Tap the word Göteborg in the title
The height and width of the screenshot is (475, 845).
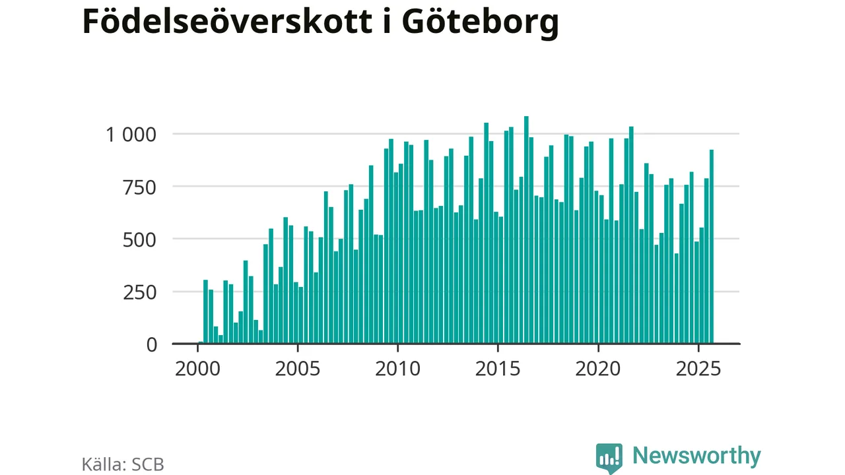click(x=480, y=22)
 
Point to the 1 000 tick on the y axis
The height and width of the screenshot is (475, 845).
click(x=131, y=135)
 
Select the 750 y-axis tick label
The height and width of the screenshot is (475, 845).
click(x=141, y=187)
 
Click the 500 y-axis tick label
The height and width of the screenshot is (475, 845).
click(x=141, y=239)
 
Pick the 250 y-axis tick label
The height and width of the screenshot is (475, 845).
click(x=141, y=292)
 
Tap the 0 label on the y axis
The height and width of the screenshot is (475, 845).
click(x=151, y=344)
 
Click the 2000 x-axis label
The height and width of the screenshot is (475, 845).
click(x=197, y=368)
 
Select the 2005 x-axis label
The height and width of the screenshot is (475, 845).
click(x=298, y=368)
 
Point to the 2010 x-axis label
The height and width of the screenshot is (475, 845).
click(x=397, y=368)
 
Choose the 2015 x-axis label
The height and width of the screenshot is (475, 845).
click(x=498, y=368)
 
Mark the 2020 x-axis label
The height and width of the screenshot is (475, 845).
click(x=598, y=368)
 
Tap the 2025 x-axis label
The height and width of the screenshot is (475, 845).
click(x=698, y=368)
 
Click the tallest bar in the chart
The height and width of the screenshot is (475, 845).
click(x=526, y=231)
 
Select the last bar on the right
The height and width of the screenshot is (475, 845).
click(x=712, y=247)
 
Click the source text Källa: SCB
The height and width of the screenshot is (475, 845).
click(x=123, y=464)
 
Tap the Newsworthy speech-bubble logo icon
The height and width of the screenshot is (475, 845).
click(x=609, y=457)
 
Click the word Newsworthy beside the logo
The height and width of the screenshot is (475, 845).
click(x=696, y=456)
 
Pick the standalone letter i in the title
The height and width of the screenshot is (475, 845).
click(x=384, y=21)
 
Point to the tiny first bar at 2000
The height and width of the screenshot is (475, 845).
click(x=201, y=342)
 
